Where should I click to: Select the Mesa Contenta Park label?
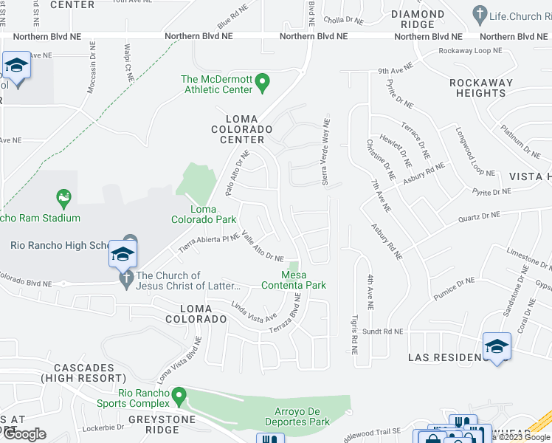click(x=293, y=280)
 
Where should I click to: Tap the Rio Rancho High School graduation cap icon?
click(x=123, y=255)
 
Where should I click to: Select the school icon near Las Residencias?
click(x=497, y=347)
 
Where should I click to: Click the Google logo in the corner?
click(x=24, y=433)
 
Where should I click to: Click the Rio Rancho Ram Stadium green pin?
click(x=63, y=198)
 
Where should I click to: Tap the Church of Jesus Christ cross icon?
click(x=126, y=280)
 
